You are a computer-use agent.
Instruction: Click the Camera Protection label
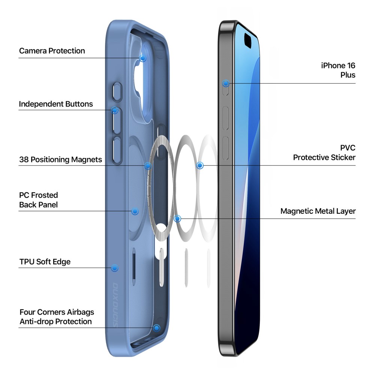(x=52, y=51)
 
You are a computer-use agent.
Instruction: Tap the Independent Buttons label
(x=56, y=104)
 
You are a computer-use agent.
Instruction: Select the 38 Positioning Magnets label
(x=60, y=159)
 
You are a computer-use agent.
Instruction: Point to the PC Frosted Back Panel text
(x=39, y=200)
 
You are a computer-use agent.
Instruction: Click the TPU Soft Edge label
(x=45, y=262)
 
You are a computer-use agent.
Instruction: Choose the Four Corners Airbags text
(x=57, y=312)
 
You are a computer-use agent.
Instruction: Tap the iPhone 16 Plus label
(x=338, y=70)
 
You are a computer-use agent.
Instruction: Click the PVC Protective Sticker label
(x=324, y=153)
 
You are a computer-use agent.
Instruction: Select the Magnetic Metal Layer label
(x=318, y=211)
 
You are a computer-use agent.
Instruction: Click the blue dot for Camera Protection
(x=143, y=58)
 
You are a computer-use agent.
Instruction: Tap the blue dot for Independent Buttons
(x=115, y=110)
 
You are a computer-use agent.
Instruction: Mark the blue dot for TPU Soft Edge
(x=114, y=268)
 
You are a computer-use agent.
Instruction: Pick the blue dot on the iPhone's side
(x=226, y=84)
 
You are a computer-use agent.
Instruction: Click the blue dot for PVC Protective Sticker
(x=200, y=165)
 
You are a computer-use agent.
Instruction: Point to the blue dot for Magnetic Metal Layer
(x=177, y=219)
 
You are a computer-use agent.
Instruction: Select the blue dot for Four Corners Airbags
(x=157, y=328)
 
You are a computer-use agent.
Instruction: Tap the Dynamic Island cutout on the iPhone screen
(x=248, y=40)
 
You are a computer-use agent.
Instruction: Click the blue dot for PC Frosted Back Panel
(x=135, y=211)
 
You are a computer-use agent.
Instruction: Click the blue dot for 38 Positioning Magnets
(x=148, y=165)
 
